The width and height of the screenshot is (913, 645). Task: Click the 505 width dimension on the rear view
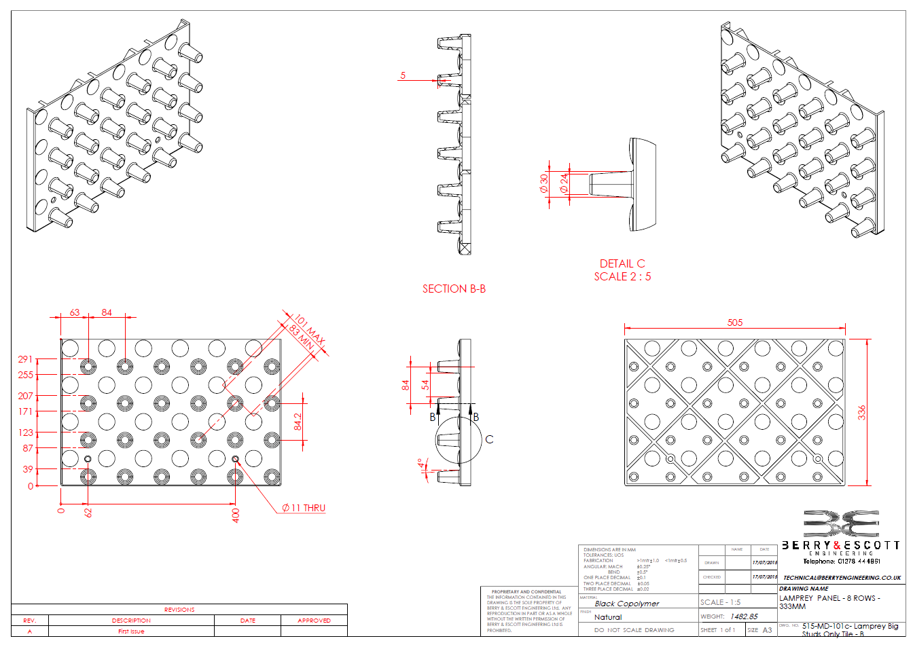(x=734, y=323)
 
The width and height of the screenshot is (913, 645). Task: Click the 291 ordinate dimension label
(x=26, y=359)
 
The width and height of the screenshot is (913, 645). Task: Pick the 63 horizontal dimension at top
(x=75, y=312)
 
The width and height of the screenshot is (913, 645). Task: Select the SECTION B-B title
(x=454, y=289)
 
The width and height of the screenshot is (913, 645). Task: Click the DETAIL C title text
(x=622, y=263)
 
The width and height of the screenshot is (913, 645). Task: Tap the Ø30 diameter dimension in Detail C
(x=543, y=183)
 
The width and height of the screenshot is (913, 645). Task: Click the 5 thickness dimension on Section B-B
(x=403, y=75)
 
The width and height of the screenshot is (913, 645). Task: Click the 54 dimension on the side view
(x=425, y=384)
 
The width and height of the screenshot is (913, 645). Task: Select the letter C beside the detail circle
(x=489, y=439)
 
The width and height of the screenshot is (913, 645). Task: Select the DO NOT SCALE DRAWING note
(x=633, y=630)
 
